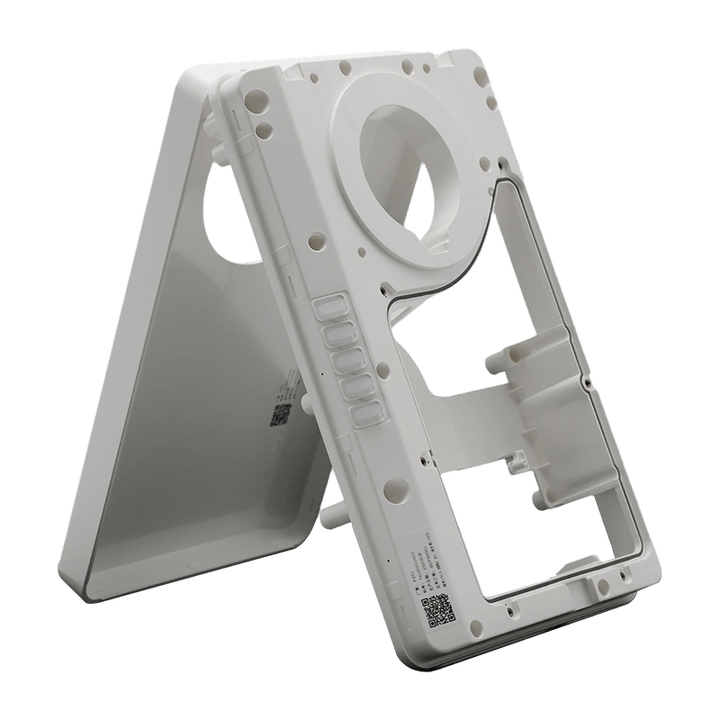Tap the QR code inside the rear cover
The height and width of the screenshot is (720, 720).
(x=279, y=414)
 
